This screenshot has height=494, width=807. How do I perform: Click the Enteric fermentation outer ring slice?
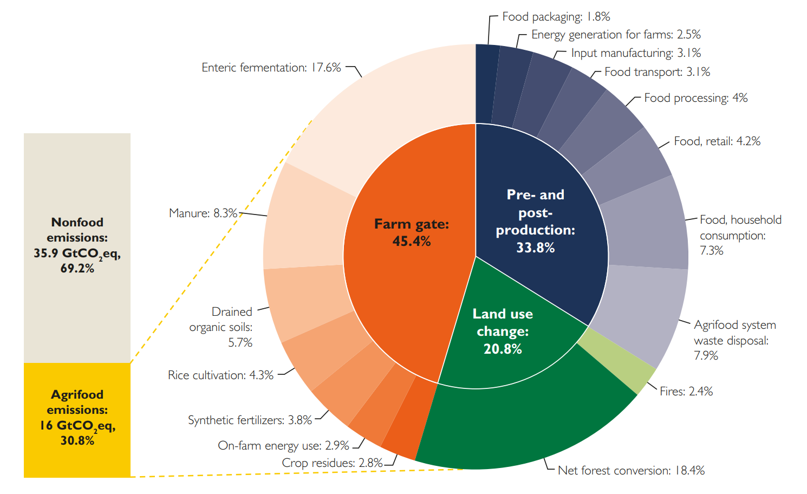(x=401, y=108)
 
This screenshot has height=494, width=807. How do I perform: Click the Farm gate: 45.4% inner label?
(x=412, y=232)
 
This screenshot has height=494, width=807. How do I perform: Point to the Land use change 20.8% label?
(x=503, y=331)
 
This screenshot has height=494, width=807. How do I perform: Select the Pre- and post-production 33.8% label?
(x=535, y=221)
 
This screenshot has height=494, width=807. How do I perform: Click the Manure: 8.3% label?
(x=203, y=213)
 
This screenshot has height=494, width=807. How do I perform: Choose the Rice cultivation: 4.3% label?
(x=220, y=375)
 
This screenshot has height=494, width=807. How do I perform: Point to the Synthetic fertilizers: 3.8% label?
(x=250, y=420)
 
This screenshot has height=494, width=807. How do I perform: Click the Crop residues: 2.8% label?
(x=332, y=463)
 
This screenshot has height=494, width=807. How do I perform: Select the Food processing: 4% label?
(x=695, y=98)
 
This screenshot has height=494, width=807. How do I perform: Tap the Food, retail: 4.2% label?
(x=717, y=141)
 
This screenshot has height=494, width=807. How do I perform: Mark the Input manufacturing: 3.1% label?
(x=636, y=53)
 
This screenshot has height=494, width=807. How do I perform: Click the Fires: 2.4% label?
(x=686, y=391)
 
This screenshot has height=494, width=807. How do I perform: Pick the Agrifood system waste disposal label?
(x=734, y=340)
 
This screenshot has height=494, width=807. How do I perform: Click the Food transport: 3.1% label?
(x=657, y=72)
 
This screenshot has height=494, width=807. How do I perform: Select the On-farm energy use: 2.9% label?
(x=283, y=445)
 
